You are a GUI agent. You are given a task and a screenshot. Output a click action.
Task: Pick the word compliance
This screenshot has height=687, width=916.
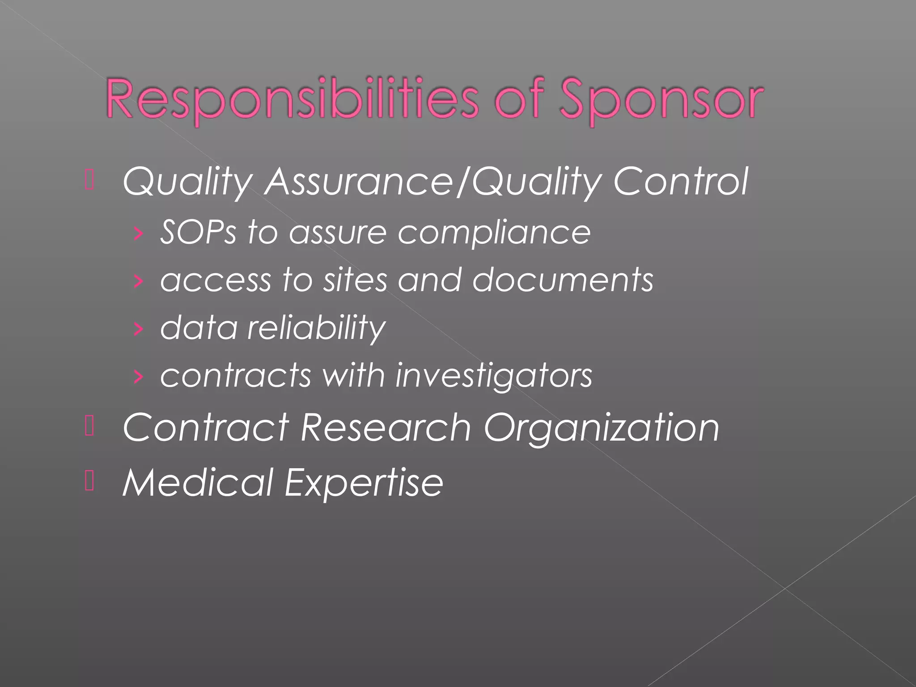[494, 233]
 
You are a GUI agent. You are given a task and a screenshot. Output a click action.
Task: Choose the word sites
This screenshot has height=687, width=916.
[355, 280]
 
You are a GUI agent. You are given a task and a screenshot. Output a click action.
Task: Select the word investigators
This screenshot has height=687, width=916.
[494, 376]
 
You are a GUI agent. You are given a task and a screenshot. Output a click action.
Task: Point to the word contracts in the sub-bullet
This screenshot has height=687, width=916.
[235, 376]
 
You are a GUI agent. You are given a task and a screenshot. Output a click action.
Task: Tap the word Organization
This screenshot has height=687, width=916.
[602, 428]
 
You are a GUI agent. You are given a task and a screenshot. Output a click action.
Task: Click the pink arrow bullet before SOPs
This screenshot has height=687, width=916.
[138, 233]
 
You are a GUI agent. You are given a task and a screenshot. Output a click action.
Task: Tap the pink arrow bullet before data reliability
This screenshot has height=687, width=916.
[138, 329]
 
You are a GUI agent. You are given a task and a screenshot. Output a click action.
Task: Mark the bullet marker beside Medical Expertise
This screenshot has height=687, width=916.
[89, 482]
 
